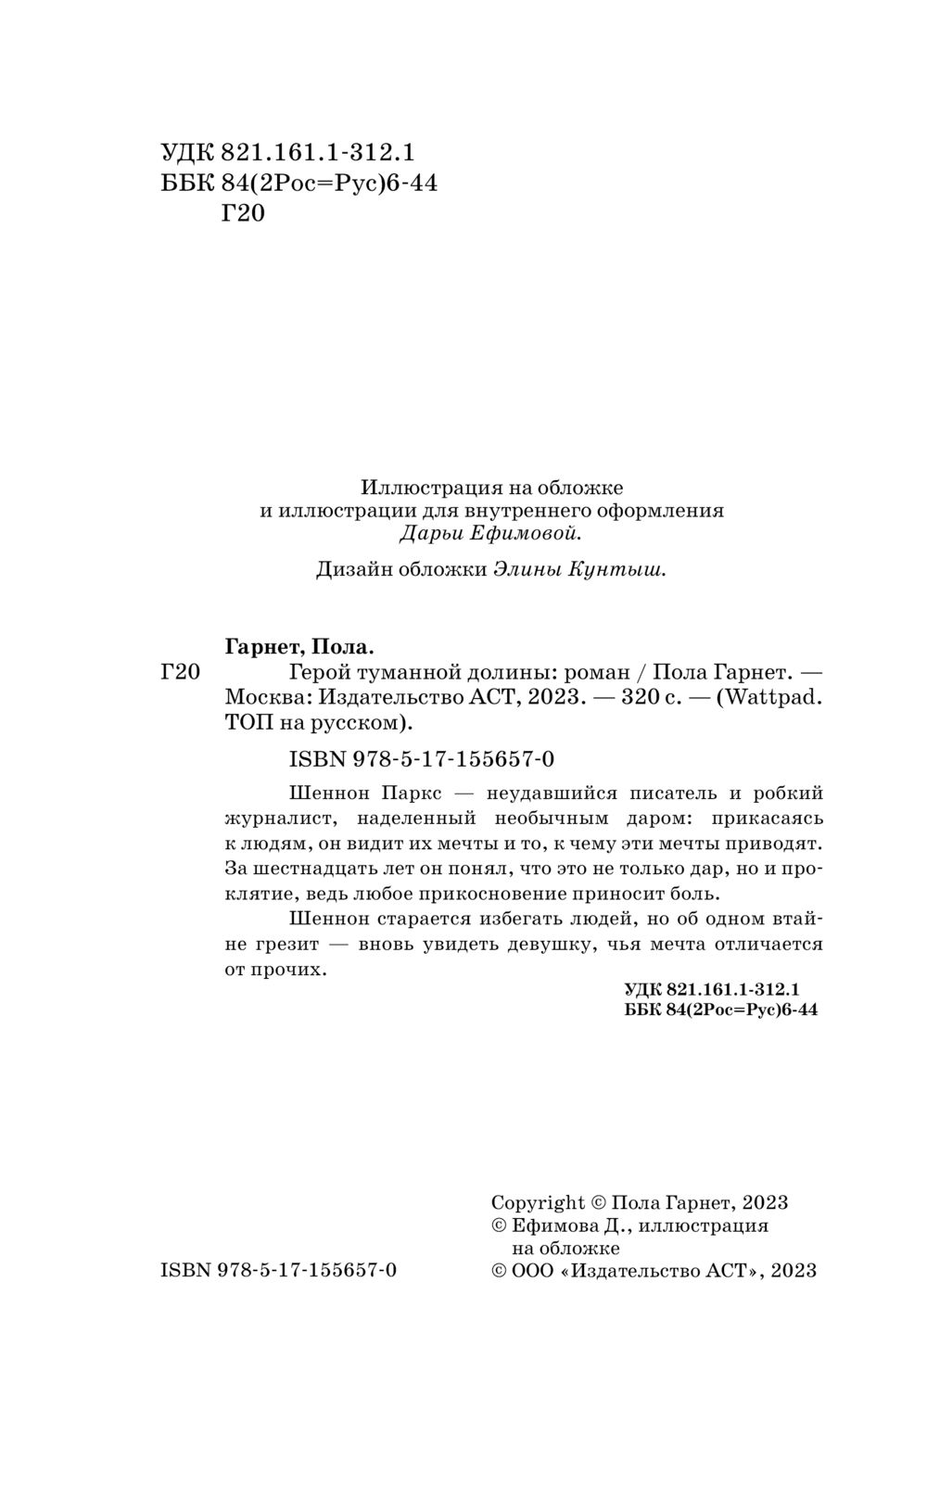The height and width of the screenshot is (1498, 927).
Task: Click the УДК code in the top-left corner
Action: [287, 152]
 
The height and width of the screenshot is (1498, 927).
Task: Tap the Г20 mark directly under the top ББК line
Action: [244, 214]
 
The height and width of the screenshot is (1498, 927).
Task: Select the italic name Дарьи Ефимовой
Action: [490, 533]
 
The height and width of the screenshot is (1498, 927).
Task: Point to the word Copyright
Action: [538, 1202]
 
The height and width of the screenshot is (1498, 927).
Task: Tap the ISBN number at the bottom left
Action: [279, 1270]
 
